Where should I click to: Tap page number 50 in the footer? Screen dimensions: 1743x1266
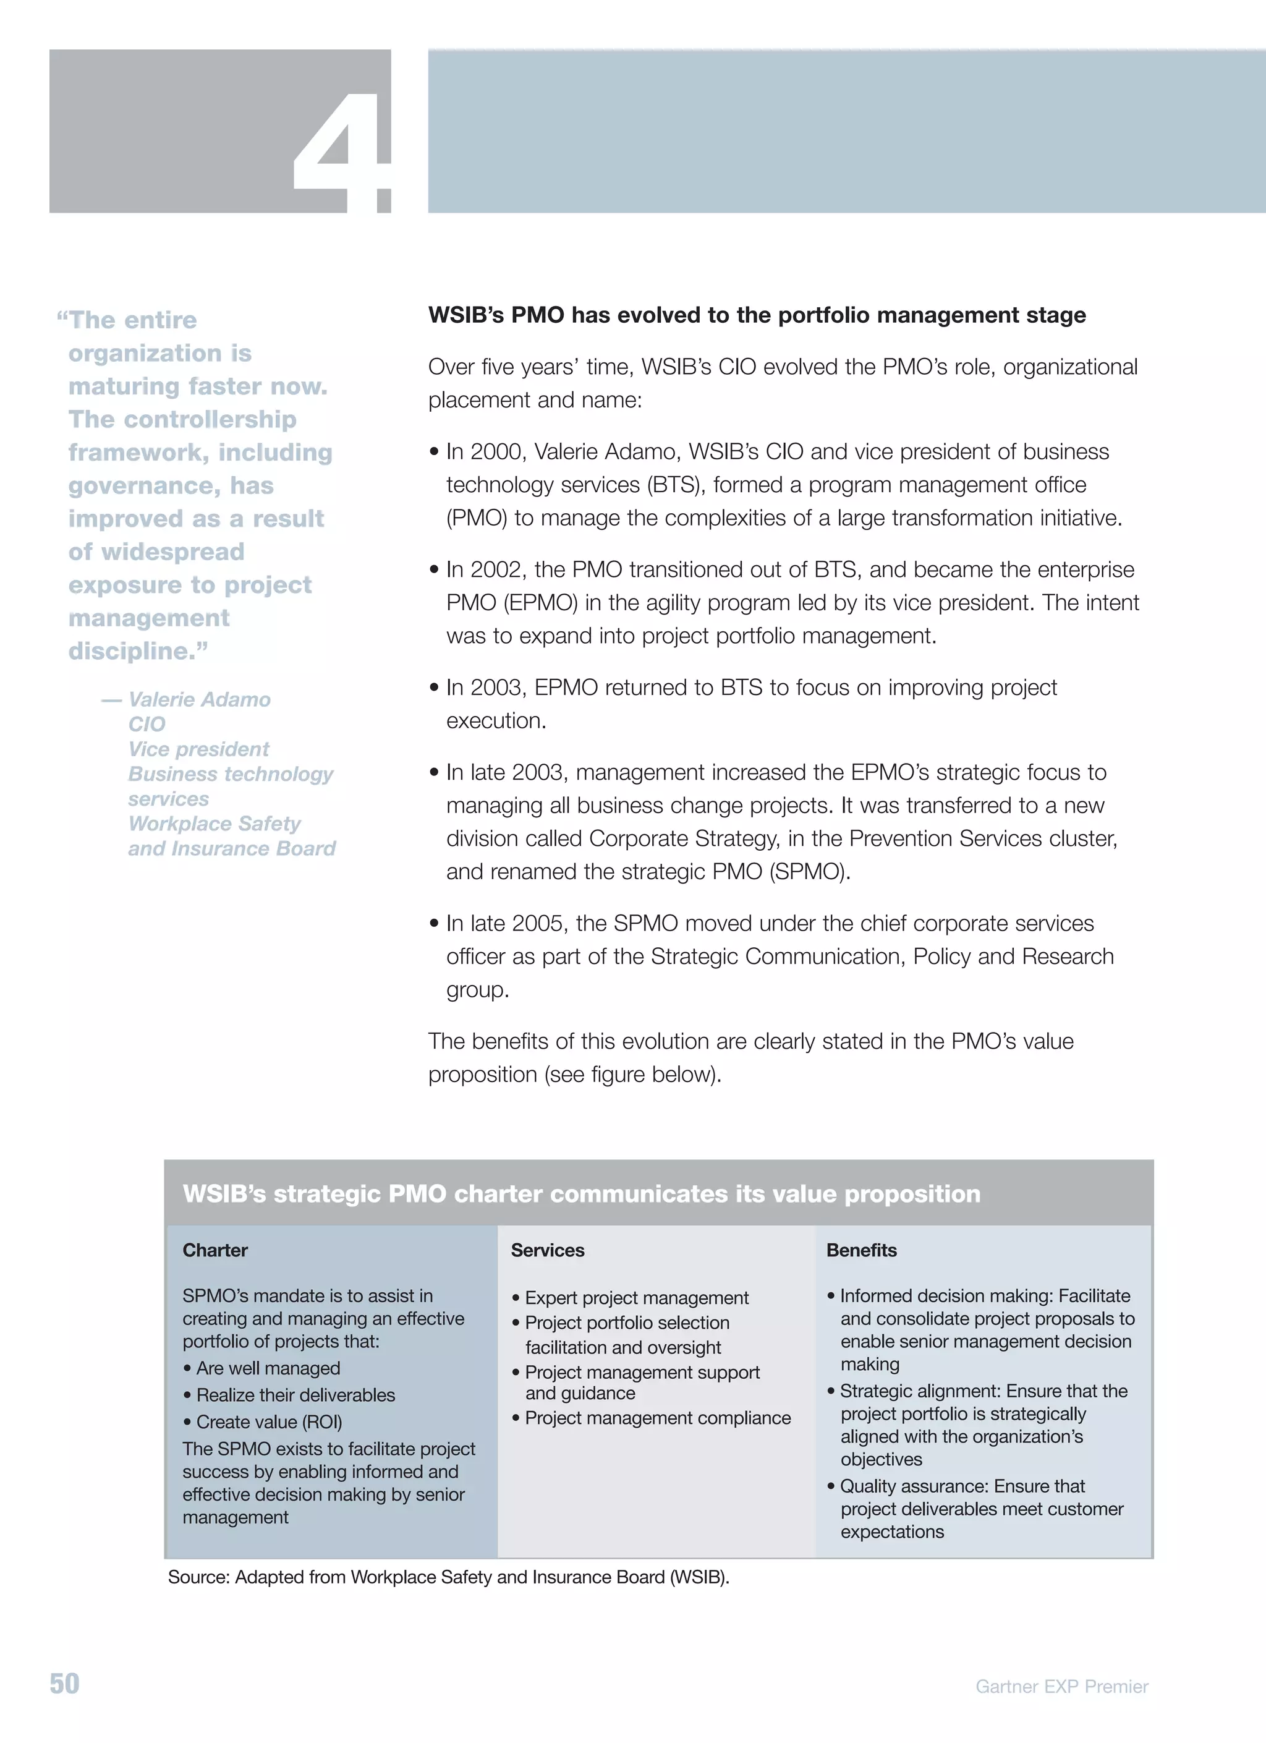64,1683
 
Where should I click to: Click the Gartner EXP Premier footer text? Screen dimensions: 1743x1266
1061,1686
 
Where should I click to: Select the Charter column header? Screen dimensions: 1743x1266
215,1250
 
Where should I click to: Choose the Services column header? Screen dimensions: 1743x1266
547,1250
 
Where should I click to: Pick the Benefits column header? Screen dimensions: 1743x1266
861,1250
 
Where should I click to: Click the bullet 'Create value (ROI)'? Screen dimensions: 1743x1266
269,1421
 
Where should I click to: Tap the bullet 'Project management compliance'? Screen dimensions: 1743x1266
658,1418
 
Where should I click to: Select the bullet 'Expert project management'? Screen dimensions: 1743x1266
636,1298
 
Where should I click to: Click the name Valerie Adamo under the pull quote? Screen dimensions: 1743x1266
199,699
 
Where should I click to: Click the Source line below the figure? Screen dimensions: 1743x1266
449,1577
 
